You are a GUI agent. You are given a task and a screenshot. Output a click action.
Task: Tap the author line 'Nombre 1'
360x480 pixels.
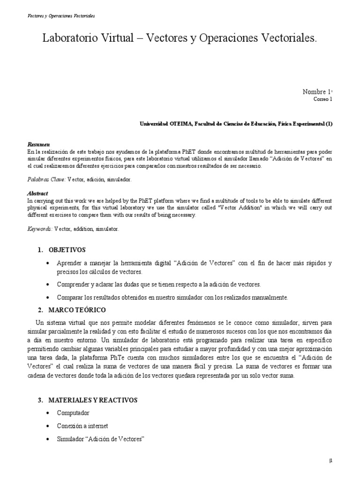point(317,92)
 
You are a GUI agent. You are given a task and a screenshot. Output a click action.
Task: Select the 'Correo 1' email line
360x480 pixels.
point(322,99)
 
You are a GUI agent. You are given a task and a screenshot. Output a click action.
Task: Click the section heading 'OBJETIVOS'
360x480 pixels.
point(67,250)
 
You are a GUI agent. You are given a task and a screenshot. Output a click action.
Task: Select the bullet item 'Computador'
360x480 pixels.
point(73,413)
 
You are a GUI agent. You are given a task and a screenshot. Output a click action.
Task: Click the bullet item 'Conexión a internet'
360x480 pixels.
point(82,426)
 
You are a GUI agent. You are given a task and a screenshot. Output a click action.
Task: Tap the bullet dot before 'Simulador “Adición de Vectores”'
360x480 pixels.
point(49,439)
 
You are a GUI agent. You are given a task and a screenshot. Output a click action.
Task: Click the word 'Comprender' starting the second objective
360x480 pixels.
point(74,285)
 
